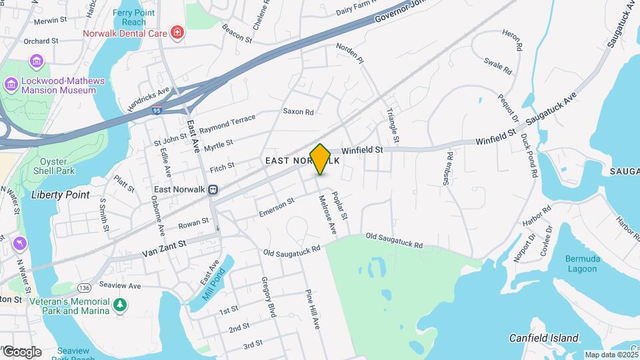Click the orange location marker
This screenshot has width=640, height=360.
321,159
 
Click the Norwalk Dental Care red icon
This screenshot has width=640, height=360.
177,32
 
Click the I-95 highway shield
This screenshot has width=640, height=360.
157,111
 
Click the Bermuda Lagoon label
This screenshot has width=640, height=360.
583,263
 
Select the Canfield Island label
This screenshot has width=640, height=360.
544,338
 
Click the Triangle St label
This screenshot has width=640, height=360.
392,125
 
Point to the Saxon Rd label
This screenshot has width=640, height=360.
298,112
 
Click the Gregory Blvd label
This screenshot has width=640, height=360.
269,296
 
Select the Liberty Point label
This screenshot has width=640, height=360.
60,195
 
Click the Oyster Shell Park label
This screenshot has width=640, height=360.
56,166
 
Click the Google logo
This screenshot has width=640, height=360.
21,351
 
